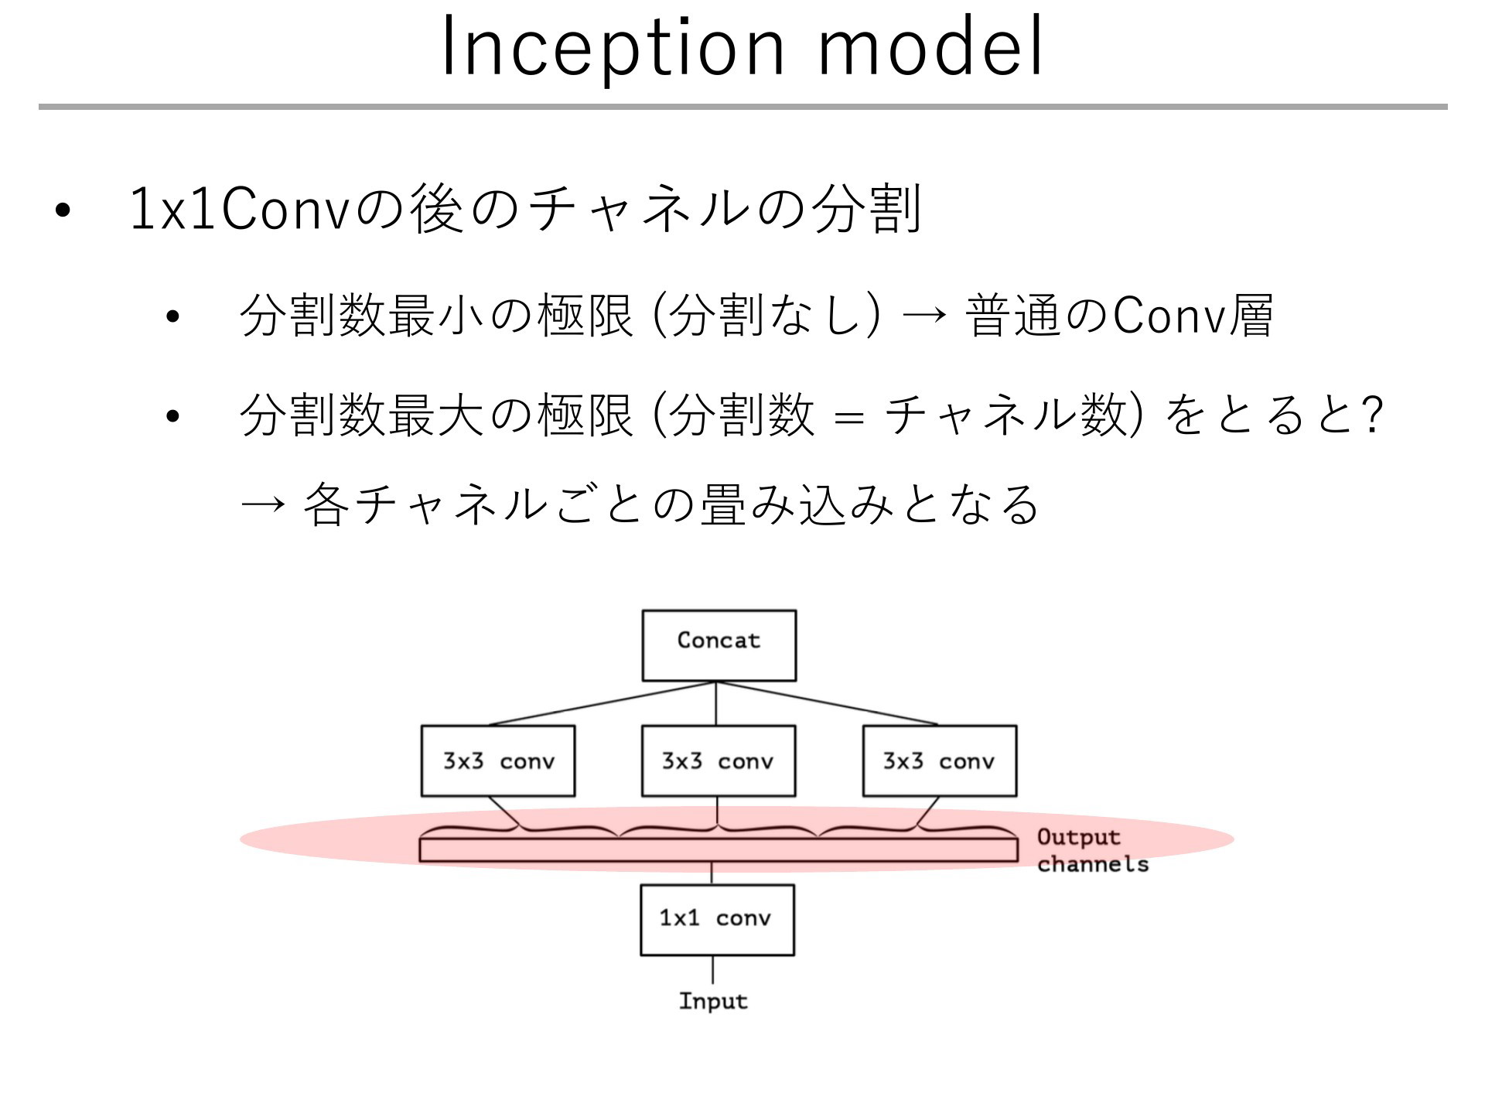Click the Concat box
click(719, 645)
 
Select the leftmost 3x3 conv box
click(498, 760)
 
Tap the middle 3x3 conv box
click(719, 760)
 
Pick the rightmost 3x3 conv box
click(940, 760)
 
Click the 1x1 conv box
click(717, 920)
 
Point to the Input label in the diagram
click(713, 1001)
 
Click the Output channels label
click(1092, 850)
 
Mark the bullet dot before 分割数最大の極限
click(172, 416)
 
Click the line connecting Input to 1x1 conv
click(712, 970)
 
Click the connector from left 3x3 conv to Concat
click(604, 703)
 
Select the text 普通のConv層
click(1120, 316)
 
